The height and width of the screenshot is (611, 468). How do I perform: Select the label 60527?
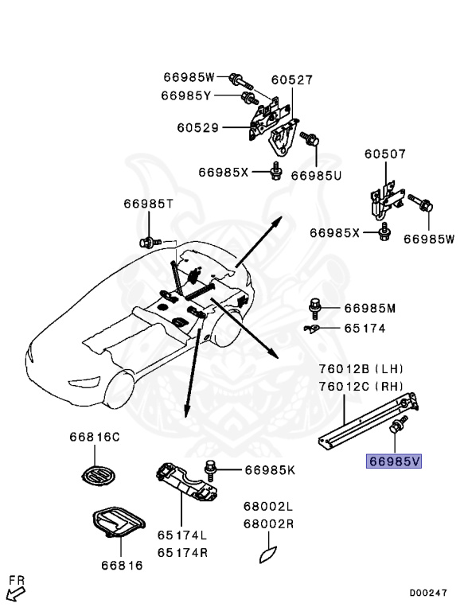coord(291,80)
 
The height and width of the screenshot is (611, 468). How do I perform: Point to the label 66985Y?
coord(185,95)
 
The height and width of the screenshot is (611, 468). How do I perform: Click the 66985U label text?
coord(316,175)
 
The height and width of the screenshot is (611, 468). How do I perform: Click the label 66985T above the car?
coord(147,204)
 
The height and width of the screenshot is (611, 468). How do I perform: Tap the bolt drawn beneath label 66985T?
coord(146,240)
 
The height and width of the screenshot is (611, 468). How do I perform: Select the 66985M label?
coord(369,308)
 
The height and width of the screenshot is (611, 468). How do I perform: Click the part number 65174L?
coord(181,536)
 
